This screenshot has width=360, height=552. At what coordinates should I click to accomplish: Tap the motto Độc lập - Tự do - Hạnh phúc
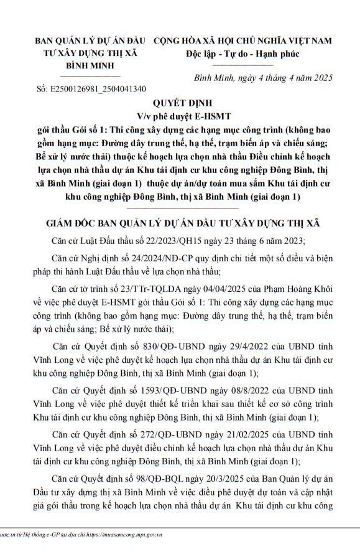242,54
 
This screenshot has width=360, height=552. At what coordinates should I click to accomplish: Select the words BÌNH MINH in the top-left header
94,65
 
